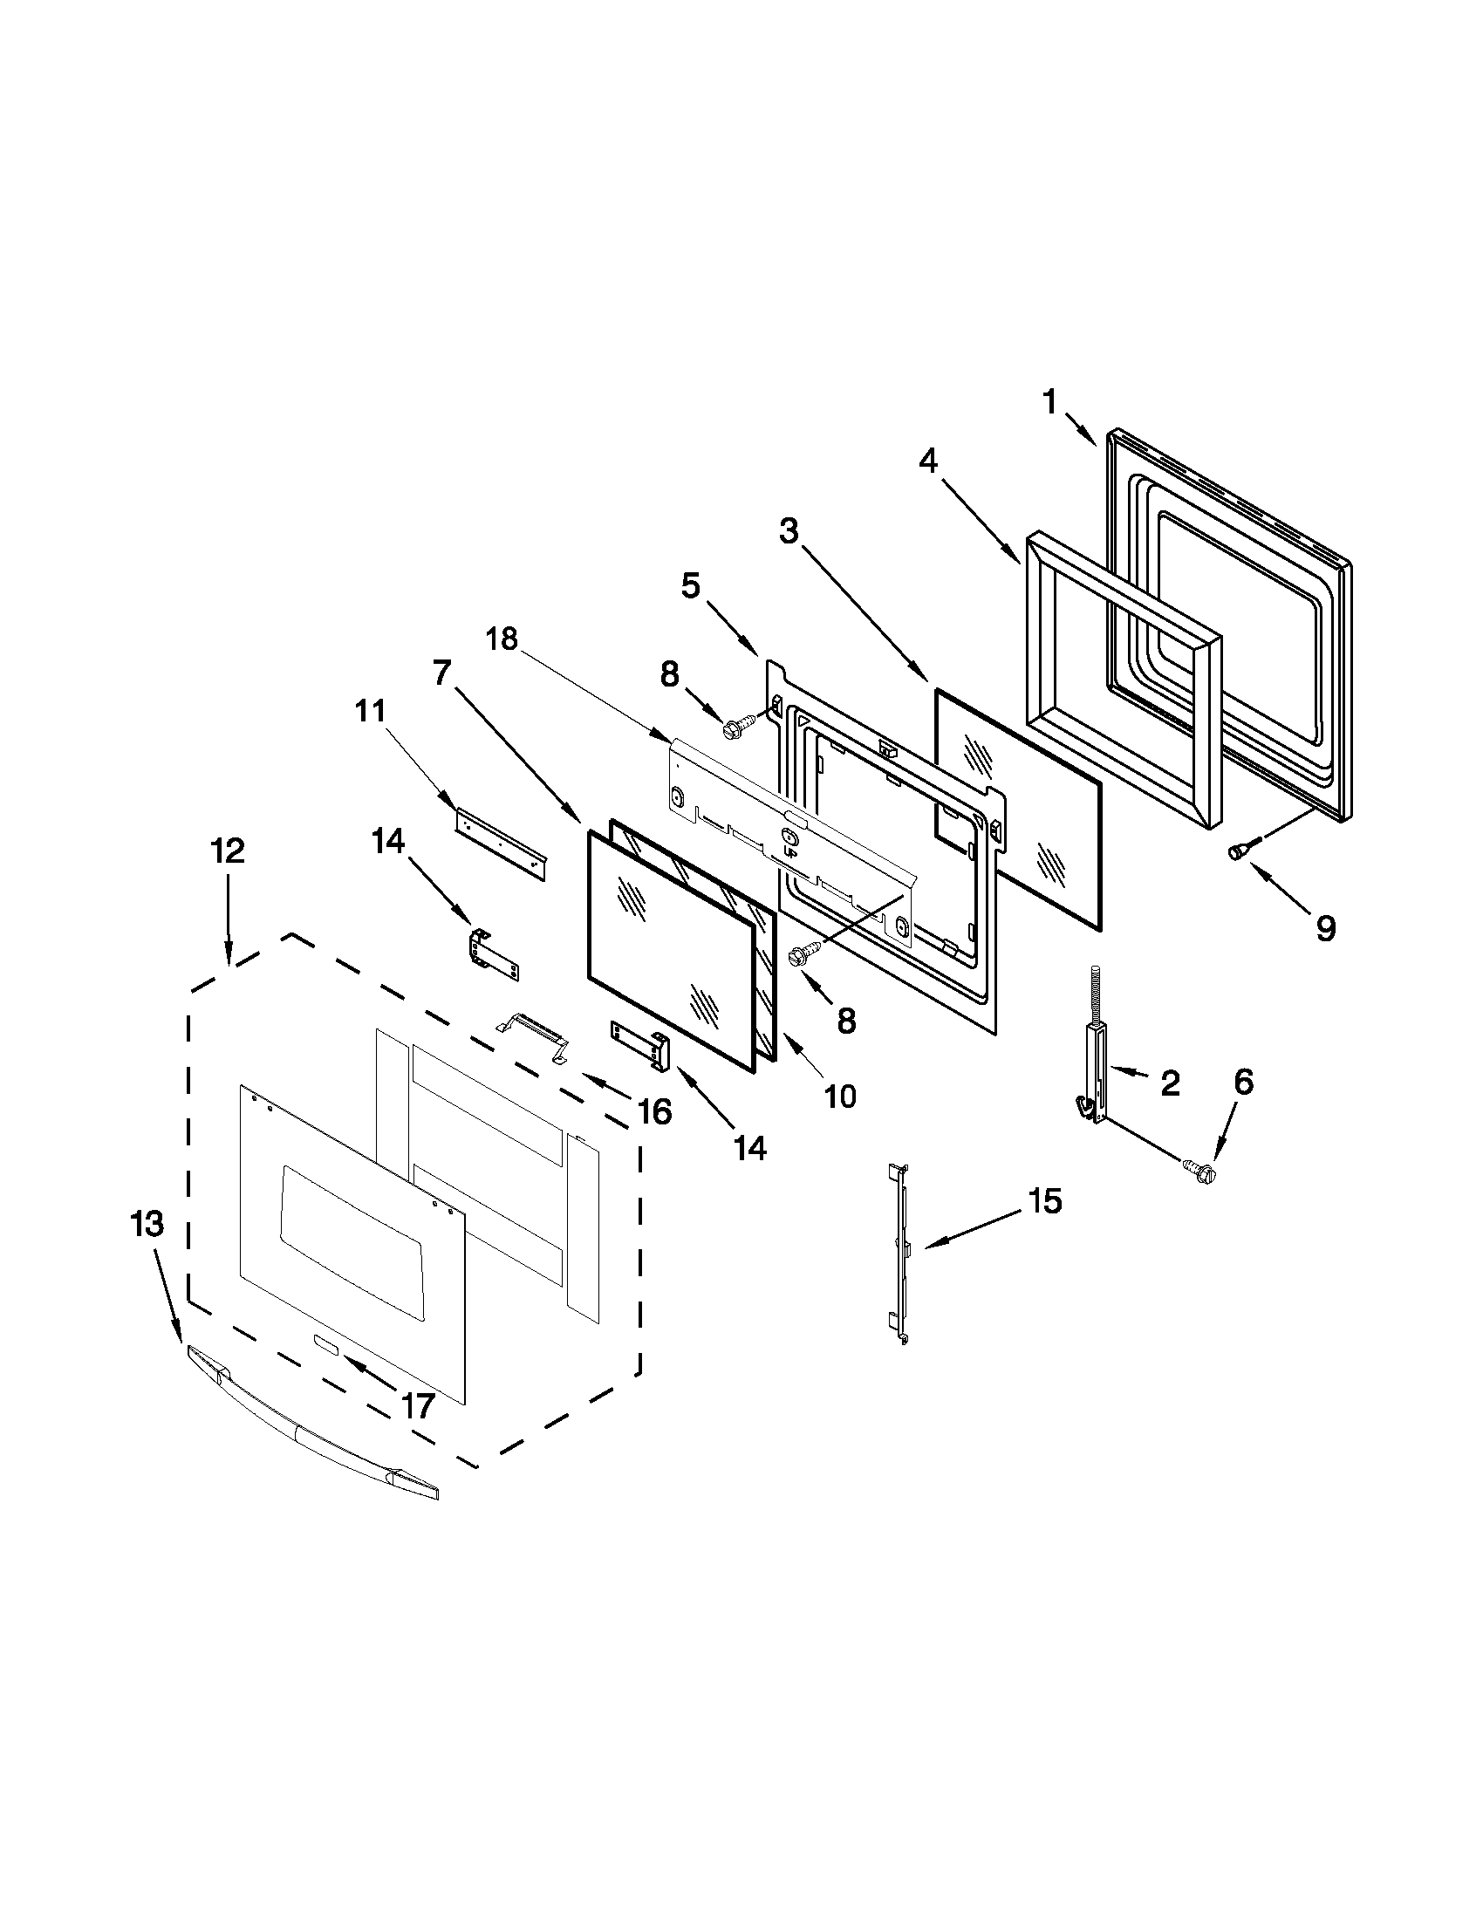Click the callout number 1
pos(1049,403)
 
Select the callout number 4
pos(928,460)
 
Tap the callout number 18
pos(502,639)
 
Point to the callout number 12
pos(228,851)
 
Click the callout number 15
pos(1045,1201)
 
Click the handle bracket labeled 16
pos(534,1037)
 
